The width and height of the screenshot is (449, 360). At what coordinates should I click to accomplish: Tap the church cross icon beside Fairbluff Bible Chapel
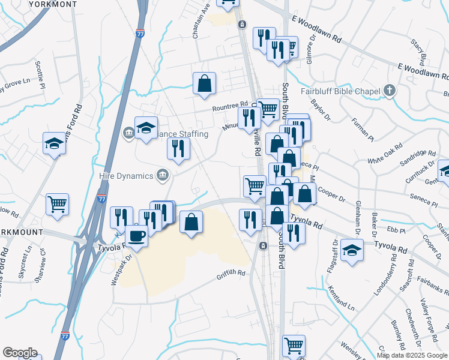[x=390, y=91]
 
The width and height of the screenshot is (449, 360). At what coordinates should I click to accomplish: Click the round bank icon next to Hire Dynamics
[x=162, y=175]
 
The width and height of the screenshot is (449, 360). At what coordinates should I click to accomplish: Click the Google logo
[x=20, y=353]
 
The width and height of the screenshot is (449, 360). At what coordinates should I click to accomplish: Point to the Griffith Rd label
[x=231, y=274]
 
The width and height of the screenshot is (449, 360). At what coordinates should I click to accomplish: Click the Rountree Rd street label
[x=230, y=106]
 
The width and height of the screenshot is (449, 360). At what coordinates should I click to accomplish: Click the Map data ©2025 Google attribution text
[x=411, y=355]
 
